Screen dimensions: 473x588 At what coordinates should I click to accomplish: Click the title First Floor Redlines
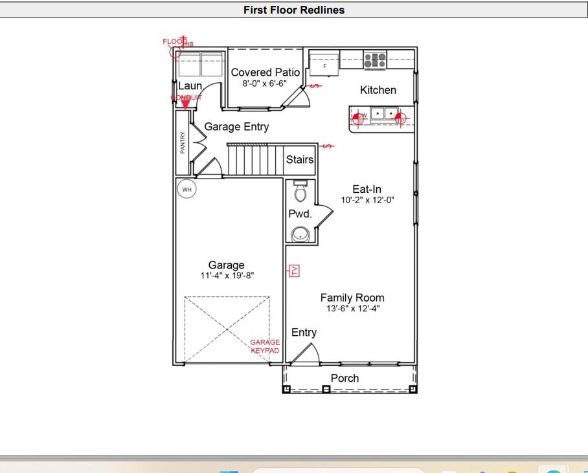[x=294, y=10]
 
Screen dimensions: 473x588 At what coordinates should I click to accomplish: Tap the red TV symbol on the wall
[x=294, y=271]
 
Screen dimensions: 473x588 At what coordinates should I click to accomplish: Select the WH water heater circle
[x=187, y=189]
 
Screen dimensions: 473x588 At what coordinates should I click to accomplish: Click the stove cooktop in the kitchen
[x=375, y=61]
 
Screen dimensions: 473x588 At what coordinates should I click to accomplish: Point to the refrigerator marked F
[x=324, y=65]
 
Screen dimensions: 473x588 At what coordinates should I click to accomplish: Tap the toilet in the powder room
[x=300, y=192]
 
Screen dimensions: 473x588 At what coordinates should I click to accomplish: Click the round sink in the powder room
[x=300, y=234]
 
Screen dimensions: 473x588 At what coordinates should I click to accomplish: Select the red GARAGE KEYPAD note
[x=265, y=346]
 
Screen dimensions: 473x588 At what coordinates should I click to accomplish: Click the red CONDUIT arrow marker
[x=186, y=102]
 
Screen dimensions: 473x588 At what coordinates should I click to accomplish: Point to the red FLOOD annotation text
[x=174, y=41]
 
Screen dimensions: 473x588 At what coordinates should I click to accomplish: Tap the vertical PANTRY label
[x=183, y=143]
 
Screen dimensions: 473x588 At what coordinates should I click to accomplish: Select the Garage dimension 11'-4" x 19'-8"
[x=227, y=276]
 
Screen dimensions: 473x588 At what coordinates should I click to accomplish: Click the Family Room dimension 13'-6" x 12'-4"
[x=352, y=309]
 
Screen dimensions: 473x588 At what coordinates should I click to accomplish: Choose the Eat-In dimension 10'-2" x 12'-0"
[x=367, y=201]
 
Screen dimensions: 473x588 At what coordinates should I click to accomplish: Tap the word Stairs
[x=300, y=159]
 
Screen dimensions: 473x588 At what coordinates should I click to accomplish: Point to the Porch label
[x=345, y=378]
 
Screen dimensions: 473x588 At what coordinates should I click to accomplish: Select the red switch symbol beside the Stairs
[x=327, y=146]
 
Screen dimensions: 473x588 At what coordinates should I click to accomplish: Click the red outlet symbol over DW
[x=359, y=118]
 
